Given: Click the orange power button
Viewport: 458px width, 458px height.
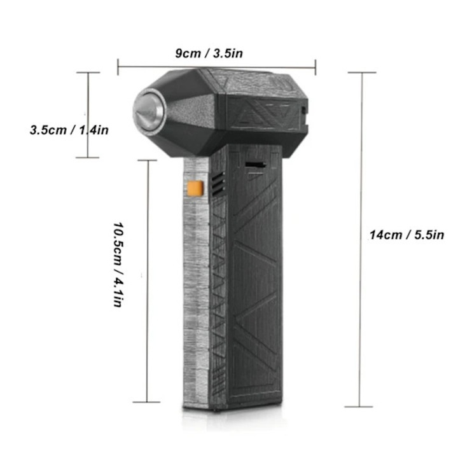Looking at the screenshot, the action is (195, 188).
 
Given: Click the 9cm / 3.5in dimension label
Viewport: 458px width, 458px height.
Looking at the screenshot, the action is (209, 53).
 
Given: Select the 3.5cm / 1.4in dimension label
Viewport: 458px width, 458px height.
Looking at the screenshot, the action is (69, 130).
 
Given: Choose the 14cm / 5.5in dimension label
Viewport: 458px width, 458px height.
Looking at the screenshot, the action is (407, 235).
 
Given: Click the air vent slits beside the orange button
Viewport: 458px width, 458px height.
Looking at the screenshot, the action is (218, 184).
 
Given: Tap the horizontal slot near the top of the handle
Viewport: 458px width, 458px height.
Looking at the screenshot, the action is (255, 165).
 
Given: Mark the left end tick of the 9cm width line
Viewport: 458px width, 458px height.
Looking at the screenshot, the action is (118, 67).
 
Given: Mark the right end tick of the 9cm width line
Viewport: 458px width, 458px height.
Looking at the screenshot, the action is (316, 67).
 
